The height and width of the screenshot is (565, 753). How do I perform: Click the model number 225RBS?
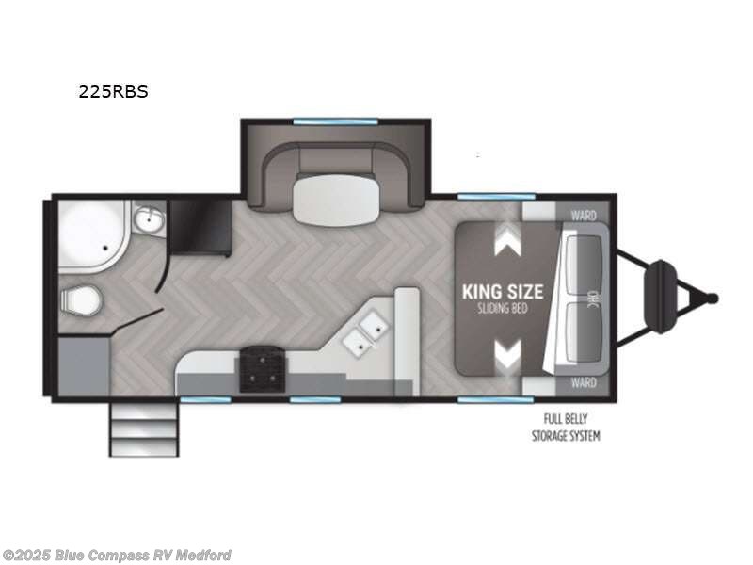113,92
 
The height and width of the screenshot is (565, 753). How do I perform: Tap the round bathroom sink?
146,221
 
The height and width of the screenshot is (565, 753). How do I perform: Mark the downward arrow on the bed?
508,355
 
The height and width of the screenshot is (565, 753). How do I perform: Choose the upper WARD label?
584,216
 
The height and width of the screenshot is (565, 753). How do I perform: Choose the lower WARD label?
584,383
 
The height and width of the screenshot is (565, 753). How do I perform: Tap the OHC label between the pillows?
592,299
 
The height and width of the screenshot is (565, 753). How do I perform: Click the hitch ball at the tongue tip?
713,299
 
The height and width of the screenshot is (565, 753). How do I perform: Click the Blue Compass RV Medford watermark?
118,556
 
